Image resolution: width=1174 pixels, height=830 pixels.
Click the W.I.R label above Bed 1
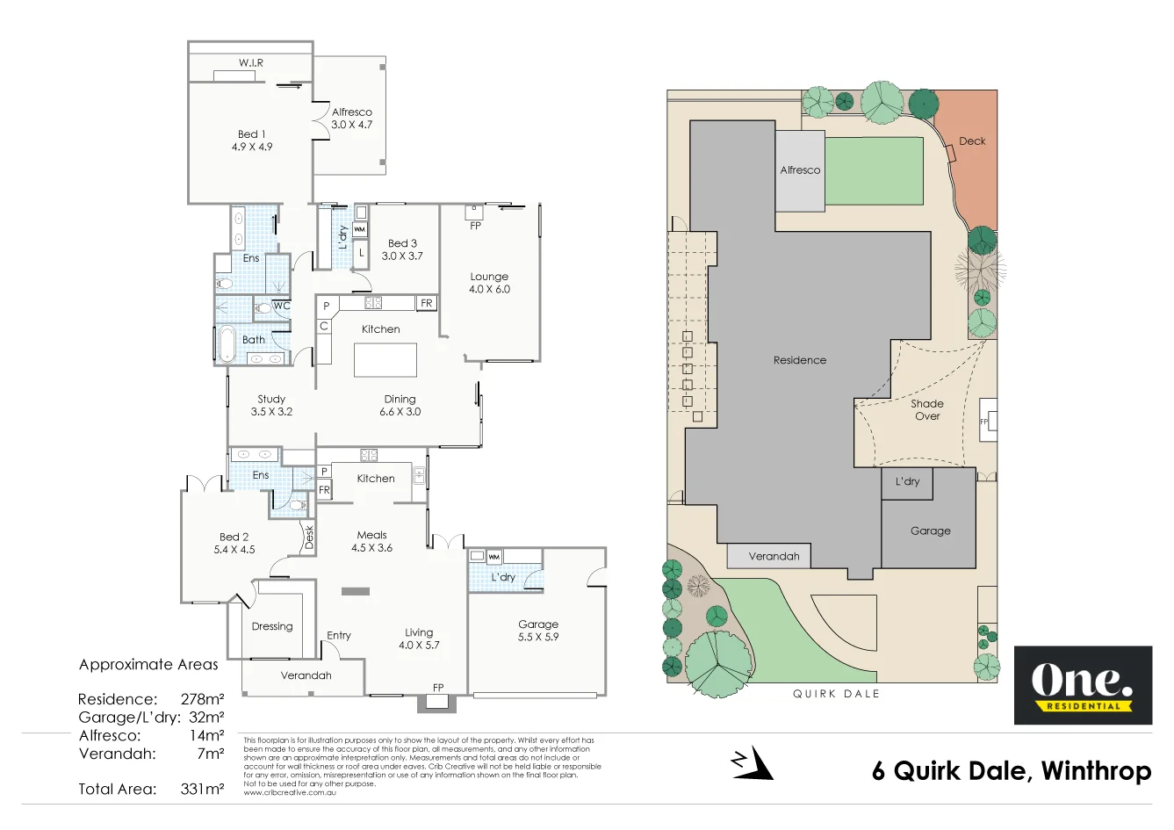(251, 63)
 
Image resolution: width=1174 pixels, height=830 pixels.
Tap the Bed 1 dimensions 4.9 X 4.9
(252, 147)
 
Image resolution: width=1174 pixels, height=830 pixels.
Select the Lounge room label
(489, 276)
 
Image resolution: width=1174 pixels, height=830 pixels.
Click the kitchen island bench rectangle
(385, 360)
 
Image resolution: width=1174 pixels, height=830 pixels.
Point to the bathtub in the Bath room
(227, 344)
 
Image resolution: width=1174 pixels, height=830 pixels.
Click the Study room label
(271, 399)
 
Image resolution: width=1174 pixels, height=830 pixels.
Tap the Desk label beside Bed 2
(309, 537)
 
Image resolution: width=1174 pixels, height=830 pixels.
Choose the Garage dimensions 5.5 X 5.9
(538, 637)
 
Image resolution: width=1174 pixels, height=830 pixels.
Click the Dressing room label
(272, 626)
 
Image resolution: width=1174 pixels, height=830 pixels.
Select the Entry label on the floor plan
(339, 635)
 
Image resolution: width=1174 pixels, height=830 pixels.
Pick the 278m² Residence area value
(203, 699)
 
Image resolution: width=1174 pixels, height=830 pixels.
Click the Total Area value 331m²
(203, 789)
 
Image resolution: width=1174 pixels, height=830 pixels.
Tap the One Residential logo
(1083, 685)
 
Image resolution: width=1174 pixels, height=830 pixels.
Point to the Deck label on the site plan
(972, 141)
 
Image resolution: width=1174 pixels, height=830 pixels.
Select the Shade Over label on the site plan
(927, 409)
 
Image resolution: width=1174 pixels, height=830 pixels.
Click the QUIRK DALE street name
(836, 694)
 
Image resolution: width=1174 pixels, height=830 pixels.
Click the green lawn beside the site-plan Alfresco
(875, 170)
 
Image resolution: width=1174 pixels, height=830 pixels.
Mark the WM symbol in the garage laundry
(494, 556)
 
